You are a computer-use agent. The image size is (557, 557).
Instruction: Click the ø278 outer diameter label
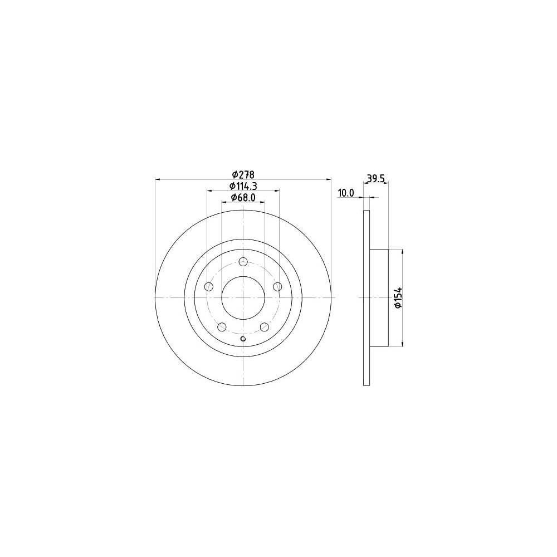[x=243, y=175]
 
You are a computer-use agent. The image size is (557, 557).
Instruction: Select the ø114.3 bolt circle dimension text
[x=243, y=186]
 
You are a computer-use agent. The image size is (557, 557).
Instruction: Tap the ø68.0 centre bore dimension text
[x=243, y=198]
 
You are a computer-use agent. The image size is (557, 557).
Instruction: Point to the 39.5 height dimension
[x=376, y=178]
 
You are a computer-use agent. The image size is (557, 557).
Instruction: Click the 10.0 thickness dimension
[x=346, y=193]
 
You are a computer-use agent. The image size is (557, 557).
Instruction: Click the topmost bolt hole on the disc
[x=243, y=262]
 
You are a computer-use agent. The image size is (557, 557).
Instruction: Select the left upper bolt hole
[x=209, y=287]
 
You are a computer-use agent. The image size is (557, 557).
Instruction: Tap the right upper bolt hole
[x=277, y=287]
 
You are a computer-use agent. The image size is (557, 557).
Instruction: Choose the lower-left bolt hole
[x=222, y=327]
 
